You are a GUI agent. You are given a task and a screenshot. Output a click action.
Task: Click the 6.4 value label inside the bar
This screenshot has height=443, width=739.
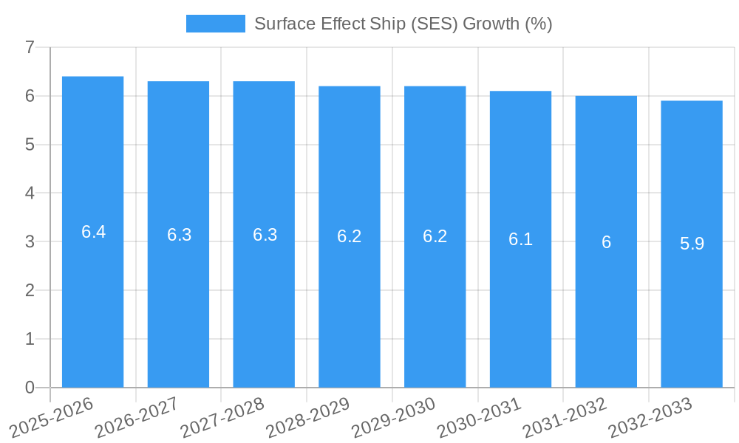click(93, 232)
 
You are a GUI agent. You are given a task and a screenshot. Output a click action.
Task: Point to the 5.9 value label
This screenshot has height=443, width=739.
click(692, 244)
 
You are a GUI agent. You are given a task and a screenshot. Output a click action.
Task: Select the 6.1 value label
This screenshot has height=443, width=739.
click(520, 239)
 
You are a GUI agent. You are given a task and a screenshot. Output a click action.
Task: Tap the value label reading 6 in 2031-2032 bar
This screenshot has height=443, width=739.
click(606, 242)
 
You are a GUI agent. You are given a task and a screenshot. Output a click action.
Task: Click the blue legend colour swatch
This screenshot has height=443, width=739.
click(215, 24)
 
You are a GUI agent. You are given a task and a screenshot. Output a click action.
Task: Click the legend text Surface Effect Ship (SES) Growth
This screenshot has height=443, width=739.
click(403, 24)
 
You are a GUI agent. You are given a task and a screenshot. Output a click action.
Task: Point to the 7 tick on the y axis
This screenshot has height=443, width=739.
click(30, 47)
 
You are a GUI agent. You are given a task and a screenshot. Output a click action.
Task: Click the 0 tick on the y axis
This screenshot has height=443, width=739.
click(30, 388)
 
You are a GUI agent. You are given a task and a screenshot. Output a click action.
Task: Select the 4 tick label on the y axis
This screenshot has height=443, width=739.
click(30, 193)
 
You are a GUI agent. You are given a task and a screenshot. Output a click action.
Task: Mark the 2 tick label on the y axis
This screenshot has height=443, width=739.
click(30, 291)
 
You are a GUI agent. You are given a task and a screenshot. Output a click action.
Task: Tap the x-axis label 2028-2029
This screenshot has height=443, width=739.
click(308, 417)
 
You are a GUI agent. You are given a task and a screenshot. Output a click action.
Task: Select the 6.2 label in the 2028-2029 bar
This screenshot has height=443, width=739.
click(349, 236)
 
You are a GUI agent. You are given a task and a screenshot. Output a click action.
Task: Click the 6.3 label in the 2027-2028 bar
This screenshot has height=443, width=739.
click(265, 235)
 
